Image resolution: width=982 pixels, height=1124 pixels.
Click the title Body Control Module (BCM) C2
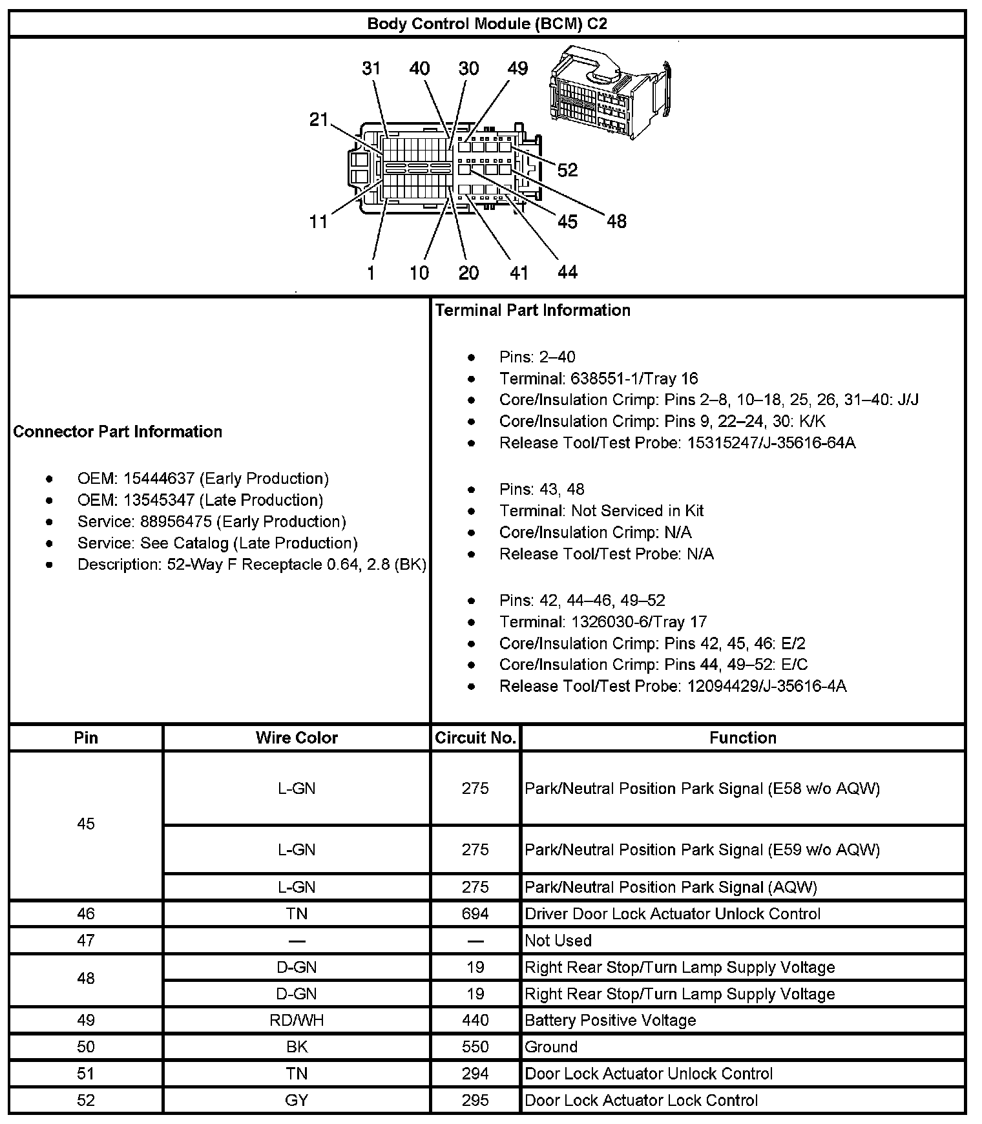tap(487, 24)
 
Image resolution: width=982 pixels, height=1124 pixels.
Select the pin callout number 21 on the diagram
tap(319, 120)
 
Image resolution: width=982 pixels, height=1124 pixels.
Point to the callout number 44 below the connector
tap(567, 272)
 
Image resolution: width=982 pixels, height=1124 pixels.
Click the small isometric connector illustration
tap(609, 90)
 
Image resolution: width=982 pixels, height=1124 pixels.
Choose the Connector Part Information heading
tap(118, 432)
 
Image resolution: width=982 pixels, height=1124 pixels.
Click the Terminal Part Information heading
tap(532, 310)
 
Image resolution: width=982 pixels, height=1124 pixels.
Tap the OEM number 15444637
tap(159, 479)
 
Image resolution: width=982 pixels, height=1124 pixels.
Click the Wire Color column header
tap(297, 738)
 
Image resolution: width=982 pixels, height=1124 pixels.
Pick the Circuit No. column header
tap(475, 738)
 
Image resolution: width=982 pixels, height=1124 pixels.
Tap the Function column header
tap(743, 738)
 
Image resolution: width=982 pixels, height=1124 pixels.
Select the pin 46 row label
tap(86, 913)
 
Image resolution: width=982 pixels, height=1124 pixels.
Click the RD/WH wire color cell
tap(297, 1020)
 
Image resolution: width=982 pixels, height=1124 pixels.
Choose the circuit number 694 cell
tap(475, 913)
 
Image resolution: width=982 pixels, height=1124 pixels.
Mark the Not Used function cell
tap(558, 941)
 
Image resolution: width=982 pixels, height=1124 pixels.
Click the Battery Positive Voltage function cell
tap(611, 1020)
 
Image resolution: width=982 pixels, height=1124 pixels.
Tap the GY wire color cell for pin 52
tap(297, 1100)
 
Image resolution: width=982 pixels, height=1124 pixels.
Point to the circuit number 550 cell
tap(475, 1046)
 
